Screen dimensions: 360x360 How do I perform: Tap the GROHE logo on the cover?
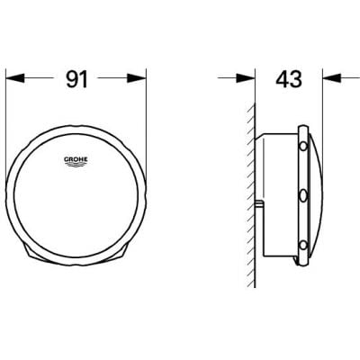point(78,161)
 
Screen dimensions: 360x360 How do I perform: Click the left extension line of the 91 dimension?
point(9,135)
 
